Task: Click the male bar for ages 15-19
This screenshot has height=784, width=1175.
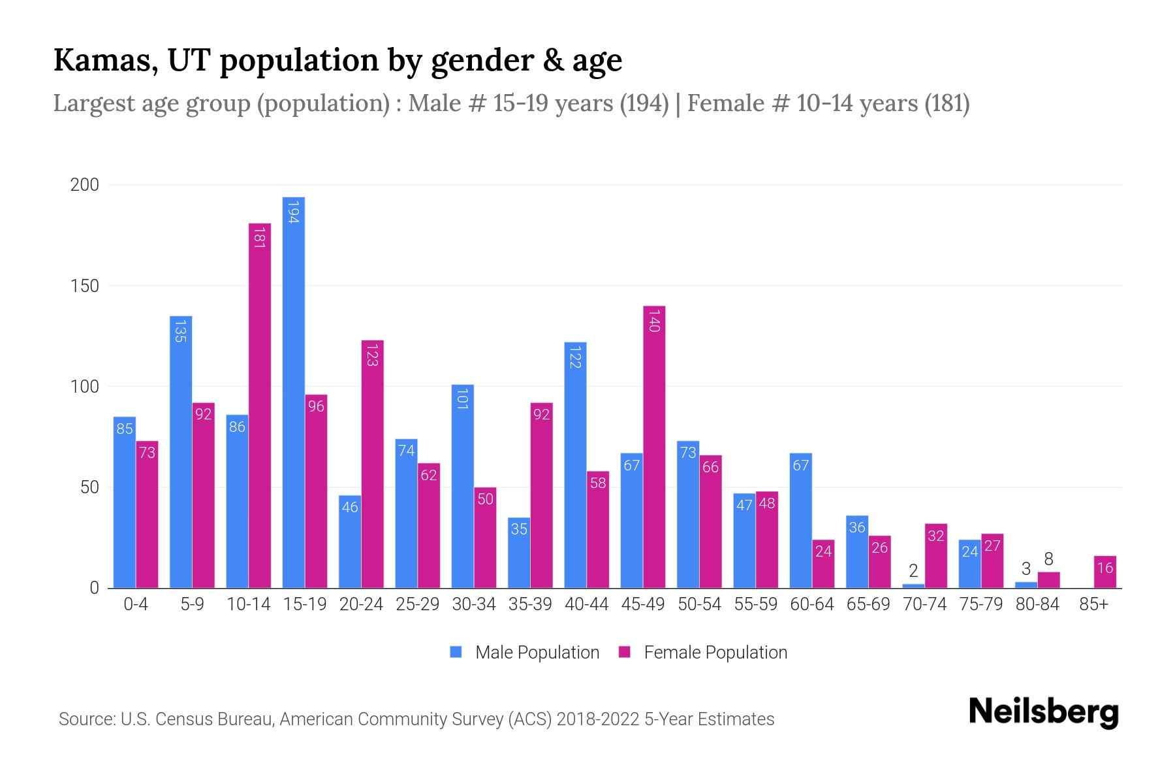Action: click(x=294, y=392)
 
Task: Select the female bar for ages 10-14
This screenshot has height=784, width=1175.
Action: click(x=260, y=405)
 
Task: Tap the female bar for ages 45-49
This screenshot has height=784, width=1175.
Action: click(x=654, y=448)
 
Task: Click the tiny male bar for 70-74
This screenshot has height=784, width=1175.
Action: click(x=913, y=586)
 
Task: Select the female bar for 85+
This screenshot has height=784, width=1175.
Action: click(x=1104, y=572)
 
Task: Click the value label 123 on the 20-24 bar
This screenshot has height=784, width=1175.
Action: click(x=372, y=354)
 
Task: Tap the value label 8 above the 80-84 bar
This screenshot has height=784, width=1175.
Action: click(x=1048, y=559)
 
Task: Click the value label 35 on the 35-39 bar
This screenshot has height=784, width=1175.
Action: click(x=519, y=529)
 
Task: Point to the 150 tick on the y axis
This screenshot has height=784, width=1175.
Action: click(x=85, y=286)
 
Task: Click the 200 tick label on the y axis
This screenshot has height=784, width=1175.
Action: click(x=85, y=185)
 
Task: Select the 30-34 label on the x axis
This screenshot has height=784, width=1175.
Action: click(x=474, y=604)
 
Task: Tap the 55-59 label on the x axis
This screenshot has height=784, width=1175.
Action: click(x=755, y=604)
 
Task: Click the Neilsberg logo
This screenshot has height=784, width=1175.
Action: click(x=1043, y=712)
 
